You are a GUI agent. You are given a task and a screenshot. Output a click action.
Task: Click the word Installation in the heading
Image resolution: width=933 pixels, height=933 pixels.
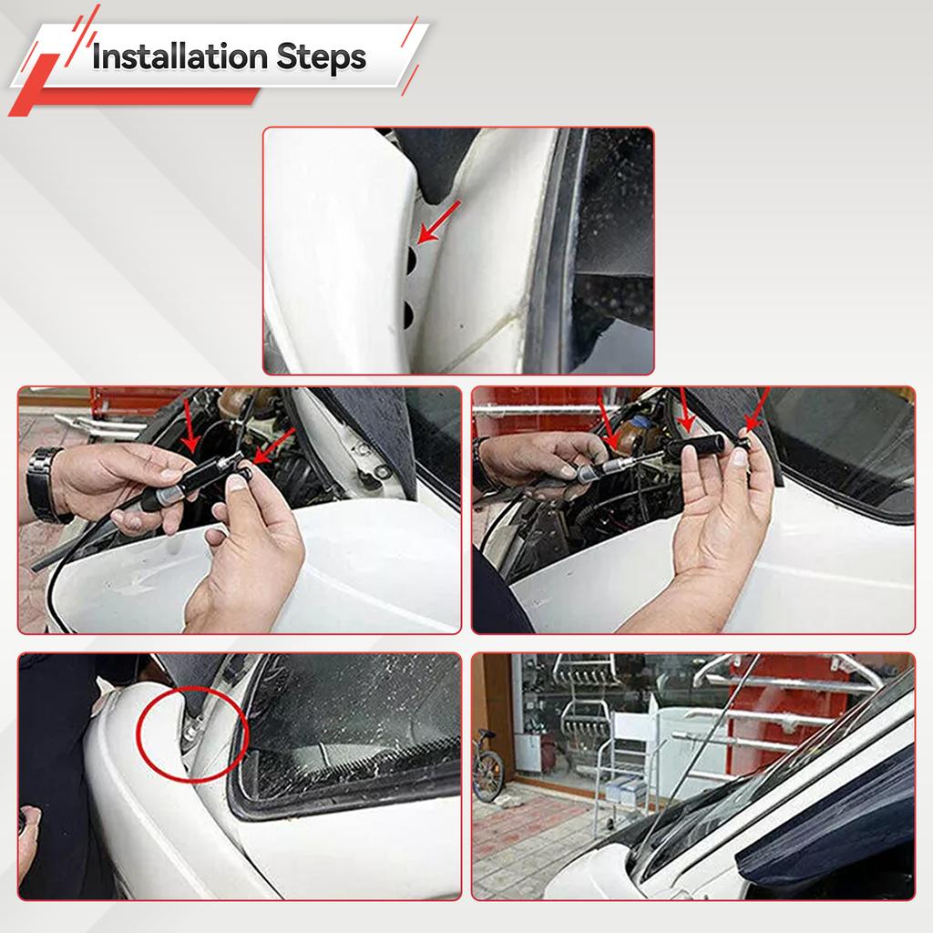click(179, 57)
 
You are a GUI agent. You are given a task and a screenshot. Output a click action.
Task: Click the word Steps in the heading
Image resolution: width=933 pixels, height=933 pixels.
click(322, 58)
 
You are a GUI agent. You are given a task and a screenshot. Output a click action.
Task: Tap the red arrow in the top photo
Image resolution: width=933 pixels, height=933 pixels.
click(438, 222)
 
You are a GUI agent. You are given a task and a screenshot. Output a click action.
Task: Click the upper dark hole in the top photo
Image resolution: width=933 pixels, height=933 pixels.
click(409, 259)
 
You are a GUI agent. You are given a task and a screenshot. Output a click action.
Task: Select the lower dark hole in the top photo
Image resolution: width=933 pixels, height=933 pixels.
click(408, 314)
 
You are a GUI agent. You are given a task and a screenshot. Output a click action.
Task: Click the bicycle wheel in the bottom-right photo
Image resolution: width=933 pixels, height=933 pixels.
click(488, 775)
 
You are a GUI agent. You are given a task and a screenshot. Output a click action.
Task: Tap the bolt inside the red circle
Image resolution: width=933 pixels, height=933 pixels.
click(191, 730)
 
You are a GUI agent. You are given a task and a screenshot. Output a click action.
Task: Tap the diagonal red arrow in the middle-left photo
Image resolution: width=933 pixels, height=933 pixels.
click(273, 445)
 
